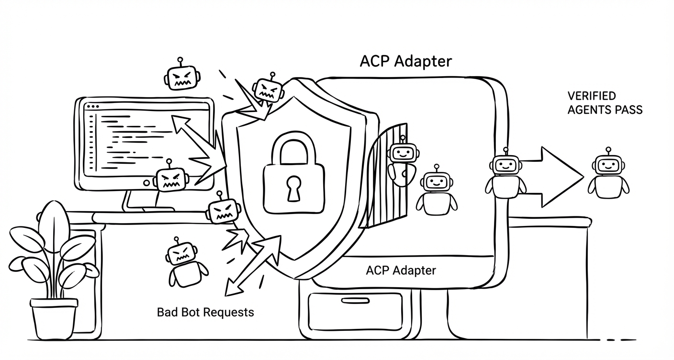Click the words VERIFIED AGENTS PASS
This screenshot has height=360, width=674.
605,103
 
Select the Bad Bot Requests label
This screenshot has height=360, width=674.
205,312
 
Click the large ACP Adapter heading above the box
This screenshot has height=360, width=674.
405,61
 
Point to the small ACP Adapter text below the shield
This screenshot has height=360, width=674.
401,270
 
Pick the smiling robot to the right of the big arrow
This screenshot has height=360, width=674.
608,175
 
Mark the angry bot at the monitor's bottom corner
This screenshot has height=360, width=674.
170,180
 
